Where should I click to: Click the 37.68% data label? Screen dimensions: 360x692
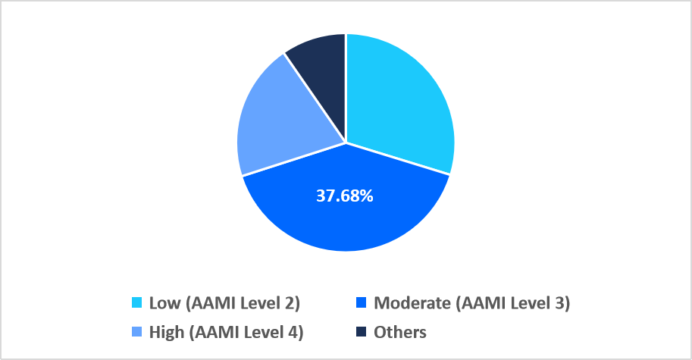click(345, 196)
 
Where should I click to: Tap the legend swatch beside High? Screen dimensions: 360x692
click(136, 333)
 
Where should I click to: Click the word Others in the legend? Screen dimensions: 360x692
click(400, 333)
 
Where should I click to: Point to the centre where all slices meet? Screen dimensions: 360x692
click(346, 142)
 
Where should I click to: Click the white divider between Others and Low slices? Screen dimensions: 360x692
click(346, 83)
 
